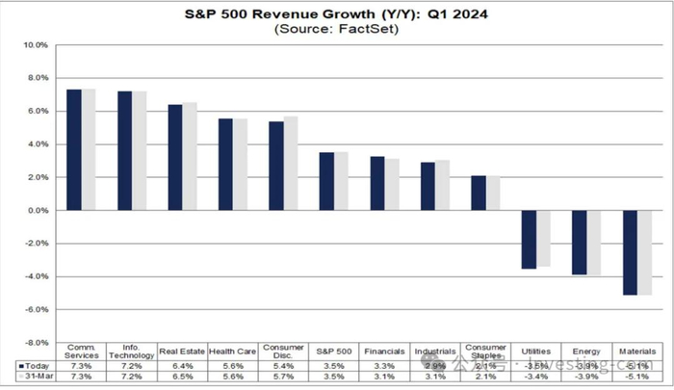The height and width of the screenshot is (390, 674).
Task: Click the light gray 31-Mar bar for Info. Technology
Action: point(140,150)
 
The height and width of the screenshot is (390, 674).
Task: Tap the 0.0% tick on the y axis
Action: point(37,211)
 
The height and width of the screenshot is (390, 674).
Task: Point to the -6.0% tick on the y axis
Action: point(36,309)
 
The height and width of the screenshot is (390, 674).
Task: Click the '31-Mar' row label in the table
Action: point(34,377)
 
